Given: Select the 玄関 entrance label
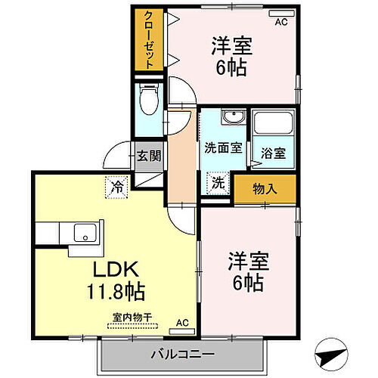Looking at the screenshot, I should (x=149, y=156).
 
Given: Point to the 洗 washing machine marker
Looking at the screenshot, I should (x=217, y=181).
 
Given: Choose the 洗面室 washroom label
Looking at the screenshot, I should (x=223, y=148).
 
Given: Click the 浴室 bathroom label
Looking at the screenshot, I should (x=274, y=152).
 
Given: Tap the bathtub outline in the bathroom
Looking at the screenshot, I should (x=272, y=123).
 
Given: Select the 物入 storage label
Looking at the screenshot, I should (x=265, y=188).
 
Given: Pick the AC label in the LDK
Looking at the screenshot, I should (x=182, y=323).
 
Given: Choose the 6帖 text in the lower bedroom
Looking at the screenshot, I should (x=247, y=284).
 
